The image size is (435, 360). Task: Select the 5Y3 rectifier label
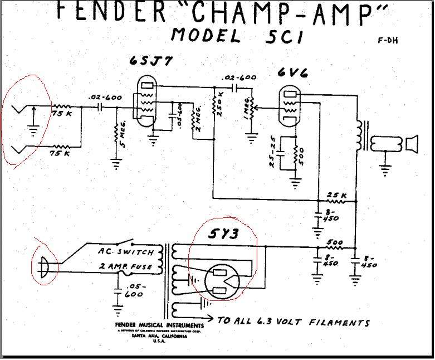point(223,234)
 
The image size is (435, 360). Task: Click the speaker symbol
point(410,145)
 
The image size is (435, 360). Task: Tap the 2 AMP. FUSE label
point(125,267)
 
